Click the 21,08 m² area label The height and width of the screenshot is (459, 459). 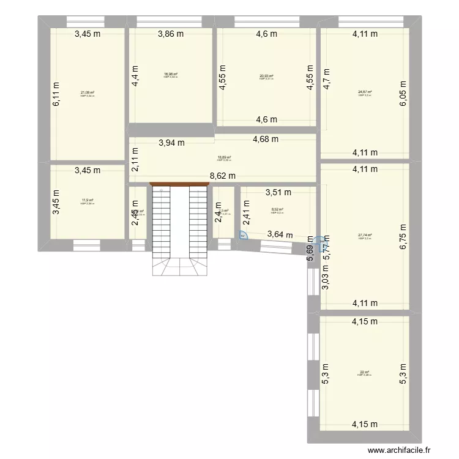[88, 93]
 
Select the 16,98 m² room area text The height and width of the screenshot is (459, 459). [171, 75]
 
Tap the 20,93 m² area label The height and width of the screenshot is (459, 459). [266, 76]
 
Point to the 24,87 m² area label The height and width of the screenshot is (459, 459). [365, 92]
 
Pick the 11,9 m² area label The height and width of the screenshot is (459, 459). [87, 200]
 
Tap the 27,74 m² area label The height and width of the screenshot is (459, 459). [365, 236]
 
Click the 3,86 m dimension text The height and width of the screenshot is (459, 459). [171, 35]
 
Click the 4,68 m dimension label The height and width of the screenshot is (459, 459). [266, 139]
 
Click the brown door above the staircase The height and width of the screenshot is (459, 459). [174, 183]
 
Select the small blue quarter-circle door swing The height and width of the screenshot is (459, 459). [244, 236]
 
